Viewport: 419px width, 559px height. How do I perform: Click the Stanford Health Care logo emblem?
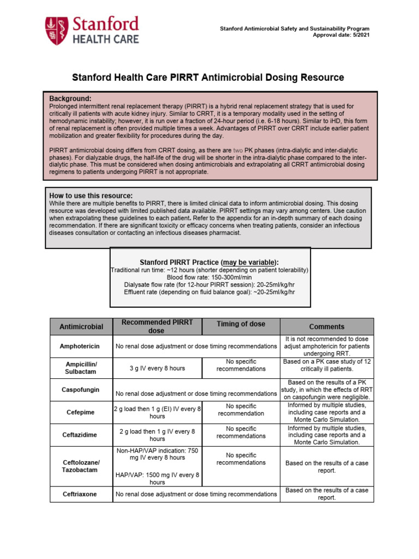(57, 30)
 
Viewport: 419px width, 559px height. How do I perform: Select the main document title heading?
(209, 78)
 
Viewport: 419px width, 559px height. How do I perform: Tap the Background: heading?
(70, 98)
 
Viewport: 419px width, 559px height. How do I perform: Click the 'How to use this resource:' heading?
(91, 195)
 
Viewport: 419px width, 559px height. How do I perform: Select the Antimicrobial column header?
(81, 326)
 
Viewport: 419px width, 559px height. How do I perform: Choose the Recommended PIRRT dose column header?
(157, 326)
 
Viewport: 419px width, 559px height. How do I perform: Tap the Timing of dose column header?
(241, 324)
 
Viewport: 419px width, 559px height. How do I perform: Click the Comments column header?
(326, 326)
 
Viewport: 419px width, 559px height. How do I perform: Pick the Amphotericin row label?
(80, 346)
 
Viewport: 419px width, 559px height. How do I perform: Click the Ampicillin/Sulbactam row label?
(81, 368)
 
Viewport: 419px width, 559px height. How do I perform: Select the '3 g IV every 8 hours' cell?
(157, 368)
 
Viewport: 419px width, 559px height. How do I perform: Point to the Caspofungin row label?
(80, 390)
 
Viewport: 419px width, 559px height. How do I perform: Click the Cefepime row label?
(80, 413)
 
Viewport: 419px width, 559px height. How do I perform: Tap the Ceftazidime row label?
(80, 435)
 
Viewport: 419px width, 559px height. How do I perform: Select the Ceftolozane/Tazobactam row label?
(81, 466)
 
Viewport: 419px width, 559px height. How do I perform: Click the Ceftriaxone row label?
(80, 494)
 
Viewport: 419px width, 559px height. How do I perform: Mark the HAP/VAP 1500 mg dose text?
(157, 478)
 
